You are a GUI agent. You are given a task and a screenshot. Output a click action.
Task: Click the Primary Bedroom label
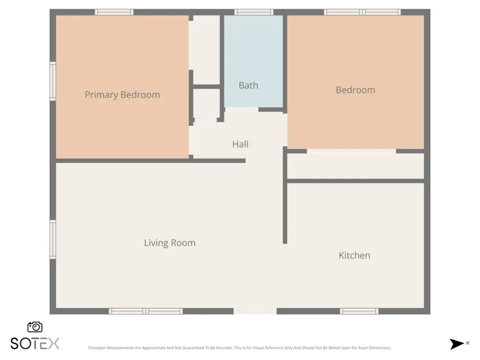point(122,95)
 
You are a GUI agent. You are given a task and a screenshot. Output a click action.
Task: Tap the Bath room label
point(248,85)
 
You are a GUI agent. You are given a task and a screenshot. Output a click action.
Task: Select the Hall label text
point(240,144)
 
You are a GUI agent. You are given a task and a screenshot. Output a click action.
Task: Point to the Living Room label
point(170,243)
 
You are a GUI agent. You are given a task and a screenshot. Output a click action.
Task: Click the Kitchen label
point(354,255)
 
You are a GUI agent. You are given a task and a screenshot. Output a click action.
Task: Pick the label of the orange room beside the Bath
point(355,90)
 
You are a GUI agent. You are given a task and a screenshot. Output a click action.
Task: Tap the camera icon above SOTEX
point(35,327)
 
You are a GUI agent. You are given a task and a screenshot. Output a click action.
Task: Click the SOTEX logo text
point(35,344)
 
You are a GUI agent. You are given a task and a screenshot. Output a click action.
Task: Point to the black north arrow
point(457,344)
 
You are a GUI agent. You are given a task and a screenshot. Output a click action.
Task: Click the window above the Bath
point(254,12)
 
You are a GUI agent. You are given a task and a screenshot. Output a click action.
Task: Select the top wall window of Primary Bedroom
point(114,12)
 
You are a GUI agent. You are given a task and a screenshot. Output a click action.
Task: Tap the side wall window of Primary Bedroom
point(53,81)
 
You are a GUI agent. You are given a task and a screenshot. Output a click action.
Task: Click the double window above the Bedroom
point(362,12)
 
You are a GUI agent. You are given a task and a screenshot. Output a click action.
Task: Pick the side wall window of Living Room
point(53,240)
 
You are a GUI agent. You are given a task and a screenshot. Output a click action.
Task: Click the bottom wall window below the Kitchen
point(359,311)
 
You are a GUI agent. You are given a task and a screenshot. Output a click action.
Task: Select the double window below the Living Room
point(146,311)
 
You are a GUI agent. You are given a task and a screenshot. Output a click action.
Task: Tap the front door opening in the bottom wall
point(255,311)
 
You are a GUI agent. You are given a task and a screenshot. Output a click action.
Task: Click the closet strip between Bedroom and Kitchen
point(355,166)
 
